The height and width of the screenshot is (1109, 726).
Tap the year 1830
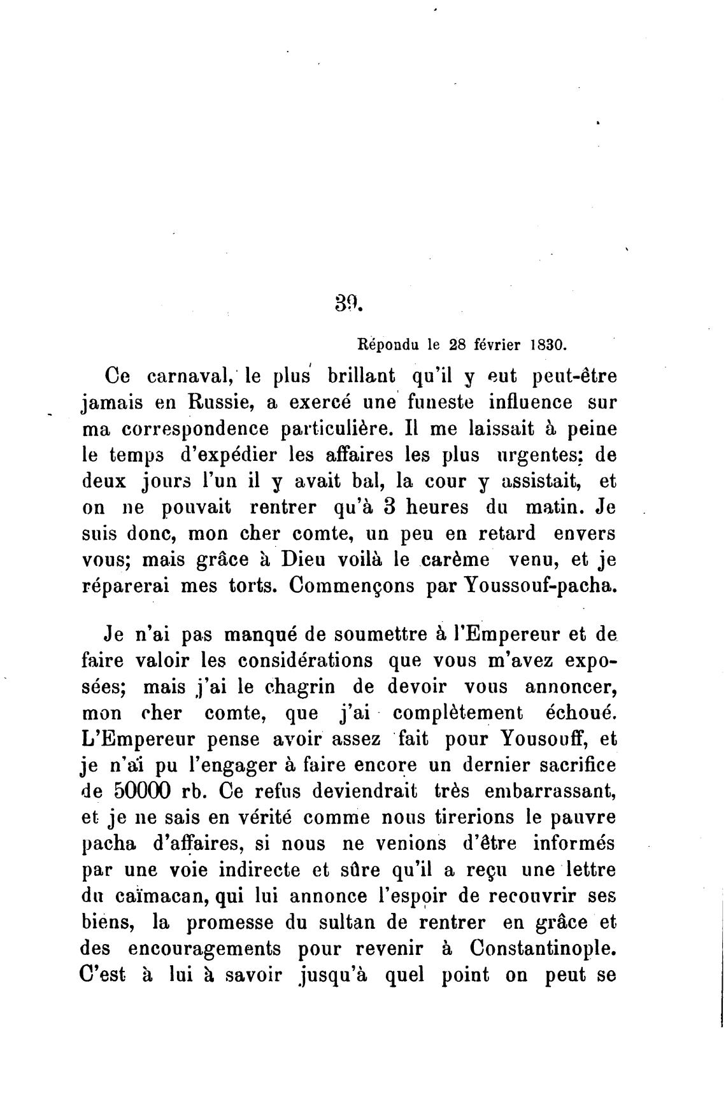click(x=547, y=346)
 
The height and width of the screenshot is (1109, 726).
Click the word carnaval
click(x=185, y=376)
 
